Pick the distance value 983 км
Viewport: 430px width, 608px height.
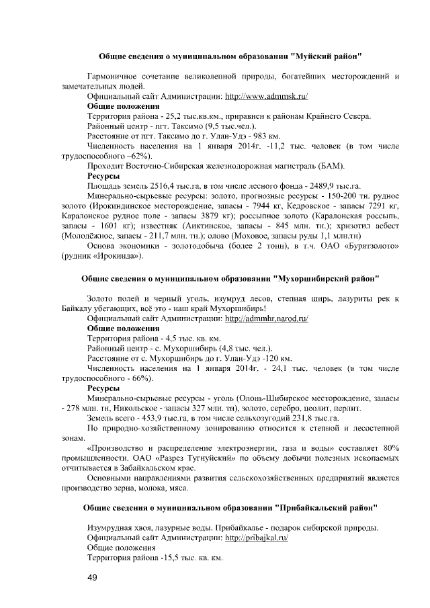pyautogui.click(x=279, y=136)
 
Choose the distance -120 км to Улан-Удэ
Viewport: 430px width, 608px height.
pyautogui.click(x=276, y=358)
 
